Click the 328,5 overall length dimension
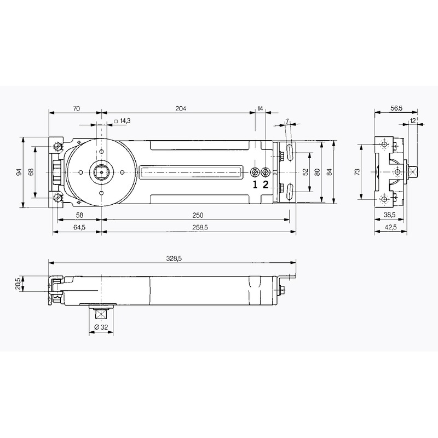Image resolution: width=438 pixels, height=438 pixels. click(174, 258)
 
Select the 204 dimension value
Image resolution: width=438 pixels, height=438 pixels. click(181, 108)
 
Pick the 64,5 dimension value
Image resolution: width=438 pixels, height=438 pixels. click(79, 227)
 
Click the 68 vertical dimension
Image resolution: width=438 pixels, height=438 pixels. click(31, 172)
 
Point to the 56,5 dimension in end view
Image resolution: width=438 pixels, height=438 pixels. click(396, 108)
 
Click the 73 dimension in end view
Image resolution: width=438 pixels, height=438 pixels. click(357, 172)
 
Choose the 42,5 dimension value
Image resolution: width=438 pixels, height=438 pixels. click(390, 227)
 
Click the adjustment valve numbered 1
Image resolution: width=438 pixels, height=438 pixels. click(255, 172)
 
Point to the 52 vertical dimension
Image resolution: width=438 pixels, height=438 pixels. click(306, 172)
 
